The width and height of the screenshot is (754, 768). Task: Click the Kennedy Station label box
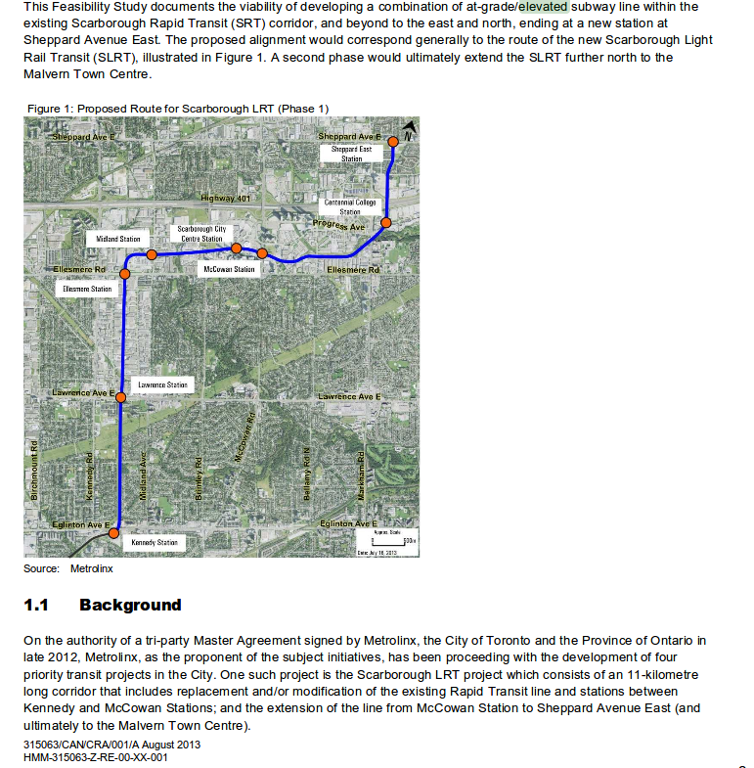click(155, 542)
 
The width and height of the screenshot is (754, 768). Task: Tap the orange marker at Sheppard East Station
click(393, 141)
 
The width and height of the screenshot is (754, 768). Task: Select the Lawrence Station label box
click(162, 385)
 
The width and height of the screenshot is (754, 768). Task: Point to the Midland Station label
click(118, 239)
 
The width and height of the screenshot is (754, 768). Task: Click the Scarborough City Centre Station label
click(201, 234)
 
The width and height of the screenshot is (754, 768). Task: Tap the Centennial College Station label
click(350, 206)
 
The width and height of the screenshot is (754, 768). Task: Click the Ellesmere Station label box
click(87, 290)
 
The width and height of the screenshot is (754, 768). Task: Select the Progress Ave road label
click(338, 226)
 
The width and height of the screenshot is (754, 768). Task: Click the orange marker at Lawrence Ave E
click(120, 396)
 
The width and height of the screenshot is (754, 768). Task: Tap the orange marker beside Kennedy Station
click(114, 533)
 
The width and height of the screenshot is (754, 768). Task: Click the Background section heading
click(130, 605)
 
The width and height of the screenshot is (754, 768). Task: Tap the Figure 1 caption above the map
click(178, 108)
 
